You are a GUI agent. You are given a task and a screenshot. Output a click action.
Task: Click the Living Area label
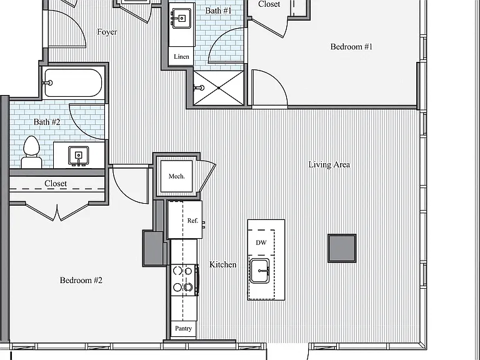tap(329, 165)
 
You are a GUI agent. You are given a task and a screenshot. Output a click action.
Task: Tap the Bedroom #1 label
tap(351, 47)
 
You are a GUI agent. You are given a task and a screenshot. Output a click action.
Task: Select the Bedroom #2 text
tap(81, 281)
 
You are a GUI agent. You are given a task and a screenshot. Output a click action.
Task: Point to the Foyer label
tap(107, 32)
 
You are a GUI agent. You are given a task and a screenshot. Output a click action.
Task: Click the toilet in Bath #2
tap(31, 152)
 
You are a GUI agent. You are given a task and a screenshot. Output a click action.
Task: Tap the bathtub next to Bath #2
tap(73, 82)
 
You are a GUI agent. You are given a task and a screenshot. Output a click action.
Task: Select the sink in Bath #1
tap(182, 18)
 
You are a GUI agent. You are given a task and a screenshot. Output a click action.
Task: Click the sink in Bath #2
tap(79, 156)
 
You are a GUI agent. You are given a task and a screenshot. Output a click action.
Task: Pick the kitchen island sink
tap(260, 271)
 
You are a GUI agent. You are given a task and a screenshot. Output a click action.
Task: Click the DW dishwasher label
tap(261, 242)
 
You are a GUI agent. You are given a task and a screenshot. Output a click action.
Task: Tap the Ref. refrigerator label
tap(192, 221)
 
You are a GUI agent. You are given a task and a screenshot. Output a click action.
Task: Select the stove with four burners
tap(184, 280)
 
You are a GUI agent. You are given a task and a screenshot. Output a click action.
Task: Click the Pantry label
tap(183, 329)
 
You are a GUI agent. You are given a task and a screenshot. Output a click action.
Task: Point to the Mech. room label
tap(177, 176)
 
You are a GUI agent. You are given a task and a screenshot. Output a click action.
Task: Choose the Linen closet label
tap(181, 57)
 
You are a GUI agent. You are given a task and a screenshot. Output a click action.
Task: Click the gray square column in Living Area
tap(342, 248)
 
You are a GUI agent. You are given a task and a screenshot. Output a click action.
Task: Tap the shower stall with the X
tap(219, 88)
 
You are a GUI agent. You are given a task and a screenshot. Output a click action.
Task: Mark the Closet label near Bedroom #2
tap(56, 183)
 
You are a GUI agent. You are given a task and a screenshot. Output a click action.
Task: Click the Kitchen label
tap(223, 264)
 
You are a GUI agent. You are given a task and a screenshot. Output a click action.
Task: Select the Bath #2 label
tap(47, 122)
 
